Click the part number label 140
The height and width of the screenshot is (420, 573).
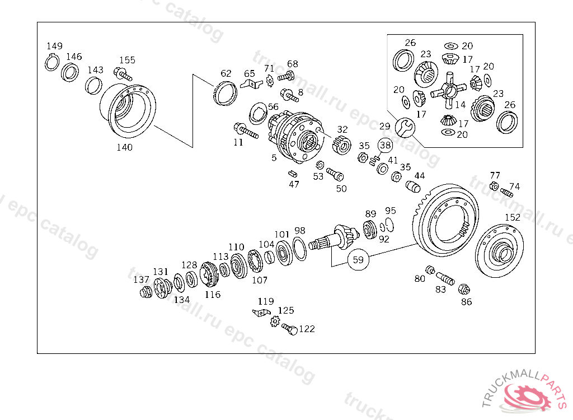click(124, 147)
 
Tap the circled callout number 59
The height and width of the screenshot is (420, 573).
click(359, 259)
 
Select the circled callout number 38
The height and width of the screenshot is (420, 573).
click(385, 146)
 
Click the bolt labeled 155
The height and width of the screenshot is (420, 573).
click(123, 73)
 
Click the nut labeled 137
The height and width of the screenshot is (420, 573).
click(145, 292)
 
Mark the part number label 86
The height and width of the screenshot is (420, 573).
click(466, 302)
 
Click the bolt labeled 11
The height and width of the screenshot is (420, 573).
click(247, 131)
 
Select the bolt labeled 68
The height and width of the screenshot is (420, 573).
click(286, 76)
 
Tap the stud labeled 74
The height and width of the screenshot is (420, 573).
click(507, 193)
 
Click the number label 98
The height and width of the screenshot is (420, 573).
click(300, 230)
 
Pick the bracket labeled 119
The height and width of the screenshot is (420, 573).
click(261, 312)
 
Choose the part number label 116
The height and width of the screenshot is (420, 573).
click(213, 295)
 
